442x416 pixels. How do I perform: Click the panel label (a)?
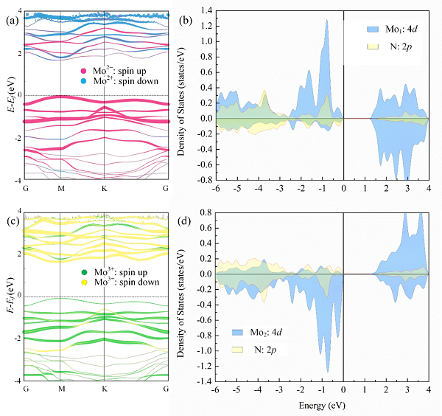[11, 20]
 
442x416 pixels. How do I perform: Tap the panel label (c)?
[11, 220]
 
